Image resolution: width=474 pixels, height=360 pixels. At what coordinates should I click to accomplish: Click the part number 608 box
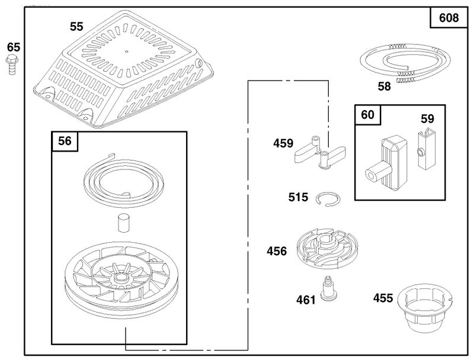tap(449, 18)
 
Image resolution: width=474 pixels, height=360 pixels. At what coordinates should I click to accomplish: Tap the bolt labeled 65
tap(11, 65)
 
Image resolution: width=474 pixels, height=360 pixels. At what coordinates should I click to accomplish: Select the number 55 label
tap(76, 27)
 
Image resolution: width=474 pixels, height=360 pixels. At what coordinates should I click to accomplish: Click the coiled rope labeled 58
tap(405, 63)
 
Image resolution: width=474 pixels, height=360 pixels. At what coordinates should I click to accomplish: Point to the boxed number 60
tap(367, 115)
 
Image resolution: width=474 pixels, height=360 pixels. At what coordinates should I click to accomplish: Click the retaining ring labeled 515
tap(328, 200)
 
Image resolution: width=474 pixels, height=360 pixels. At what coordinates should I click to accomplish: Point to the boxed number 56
tap(65, 141)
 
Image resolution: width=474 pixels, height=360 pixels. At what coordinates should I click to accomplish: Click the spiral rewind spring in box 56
tap(123, 181)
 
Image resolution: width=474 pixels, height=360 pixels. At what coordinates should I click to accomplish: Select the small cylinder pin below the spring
tap(123, 223)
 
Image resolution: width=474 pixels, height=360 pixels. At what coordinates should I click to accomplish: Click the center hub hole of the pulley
tap(121, 277)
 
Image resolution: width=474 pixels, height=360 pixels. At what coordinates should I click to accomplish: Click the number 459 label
tap(283, 143)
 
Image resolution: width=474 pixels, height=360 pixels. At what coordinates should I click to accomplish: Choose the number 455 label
tap(383, 298)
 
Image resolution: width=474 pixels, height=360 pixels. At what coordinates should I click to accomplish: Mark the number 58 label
tap(384, 86)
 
